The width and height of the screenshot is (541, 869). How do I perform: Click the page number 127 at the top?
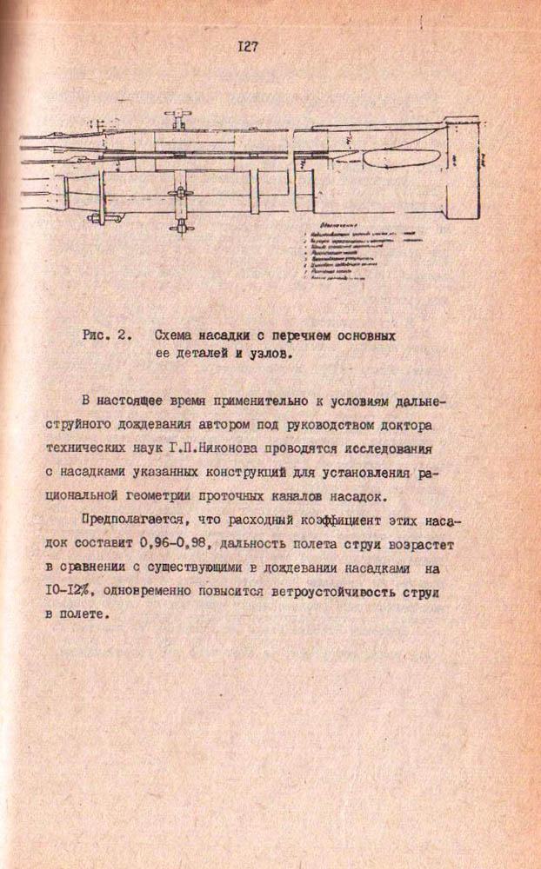point(247,48)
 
